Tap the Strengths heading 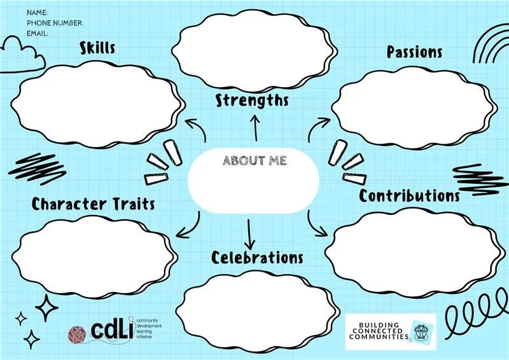click(x=252, y=100)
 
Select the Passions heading click(x=415, y=52)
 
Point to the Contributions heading click(x=409, y=195)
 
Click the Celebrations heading click(x=257, y=258)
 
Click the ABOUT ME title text click(x=254, y=160)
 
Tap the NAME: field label click(x=38, y=12)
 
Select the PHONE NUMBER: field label click(x=55, y=23)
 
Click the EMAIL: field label click(x=38, y=33)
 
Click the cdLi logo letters click(x=113, y=328)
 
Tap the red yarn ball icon click(x=80, y=333)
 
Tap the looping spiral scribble click(x=473, y=317)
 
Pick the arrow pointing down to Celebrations click(x=249, y=234)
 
